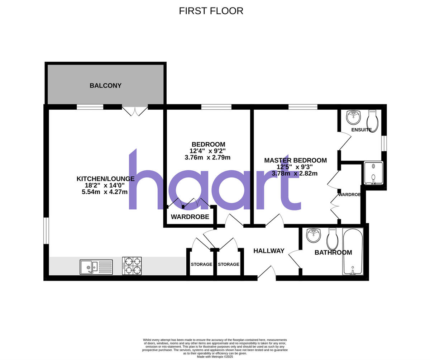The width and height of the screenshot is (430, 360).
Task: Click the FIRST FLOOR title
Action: click(211, 11)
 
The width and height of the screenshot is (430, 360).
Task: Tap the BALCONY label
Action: click(105, 86)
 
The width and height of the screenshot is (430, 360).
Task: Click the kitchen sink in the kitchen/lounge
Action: click(96, 267)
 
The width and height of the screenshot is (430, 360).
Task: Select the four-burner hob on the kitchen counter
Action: click(132, 266)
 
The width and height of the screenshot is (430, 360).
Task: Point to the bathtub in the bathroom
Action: click(353, 251)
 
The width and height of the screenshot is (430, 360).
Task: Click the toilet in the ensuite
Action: click(372, 121)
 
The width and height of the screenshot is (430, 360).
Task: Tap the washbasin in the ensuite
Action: click(353, 117)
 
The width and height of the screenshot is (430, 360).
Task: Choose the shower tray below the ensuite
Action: click(373, 173)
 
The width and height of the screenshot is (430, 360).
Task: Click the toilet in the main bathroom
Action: click(333, 238)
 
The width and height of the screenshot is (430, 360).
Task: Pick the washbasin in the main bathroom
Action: click(314, 235)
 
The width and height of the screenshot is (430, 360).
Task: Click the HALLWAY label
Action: click(269, 251)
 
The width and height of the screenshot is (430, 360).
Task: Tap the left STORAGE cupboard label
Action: click(201, 264)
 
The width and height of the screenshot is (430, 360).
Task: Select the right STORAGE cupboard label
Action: click(229, 264)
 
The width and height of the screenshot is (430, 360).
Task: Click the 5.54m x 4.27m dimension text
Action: click(105, 192)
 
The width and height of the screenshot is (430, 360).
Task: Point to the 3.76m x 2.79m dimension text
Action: click(207, 157)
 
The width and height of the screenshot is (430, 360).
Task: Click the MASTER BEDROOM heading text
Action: click(295, 160)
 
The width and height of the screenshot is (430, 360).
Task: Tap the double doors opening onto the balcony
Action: click(135, 111)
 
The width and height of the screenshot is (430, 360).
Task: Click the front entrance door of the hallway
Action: click(267, 273)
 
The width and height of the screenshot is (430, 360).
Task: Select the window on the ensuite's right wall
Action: click(384, 143)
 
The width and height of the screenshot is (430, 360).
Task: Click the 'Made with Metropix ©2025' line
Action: click(215, 357)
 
